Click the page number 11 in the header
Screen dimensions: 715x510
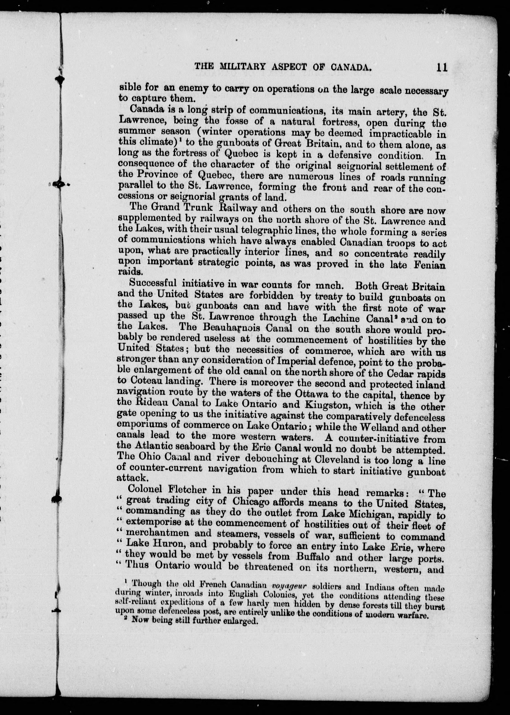coord(441,67)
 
